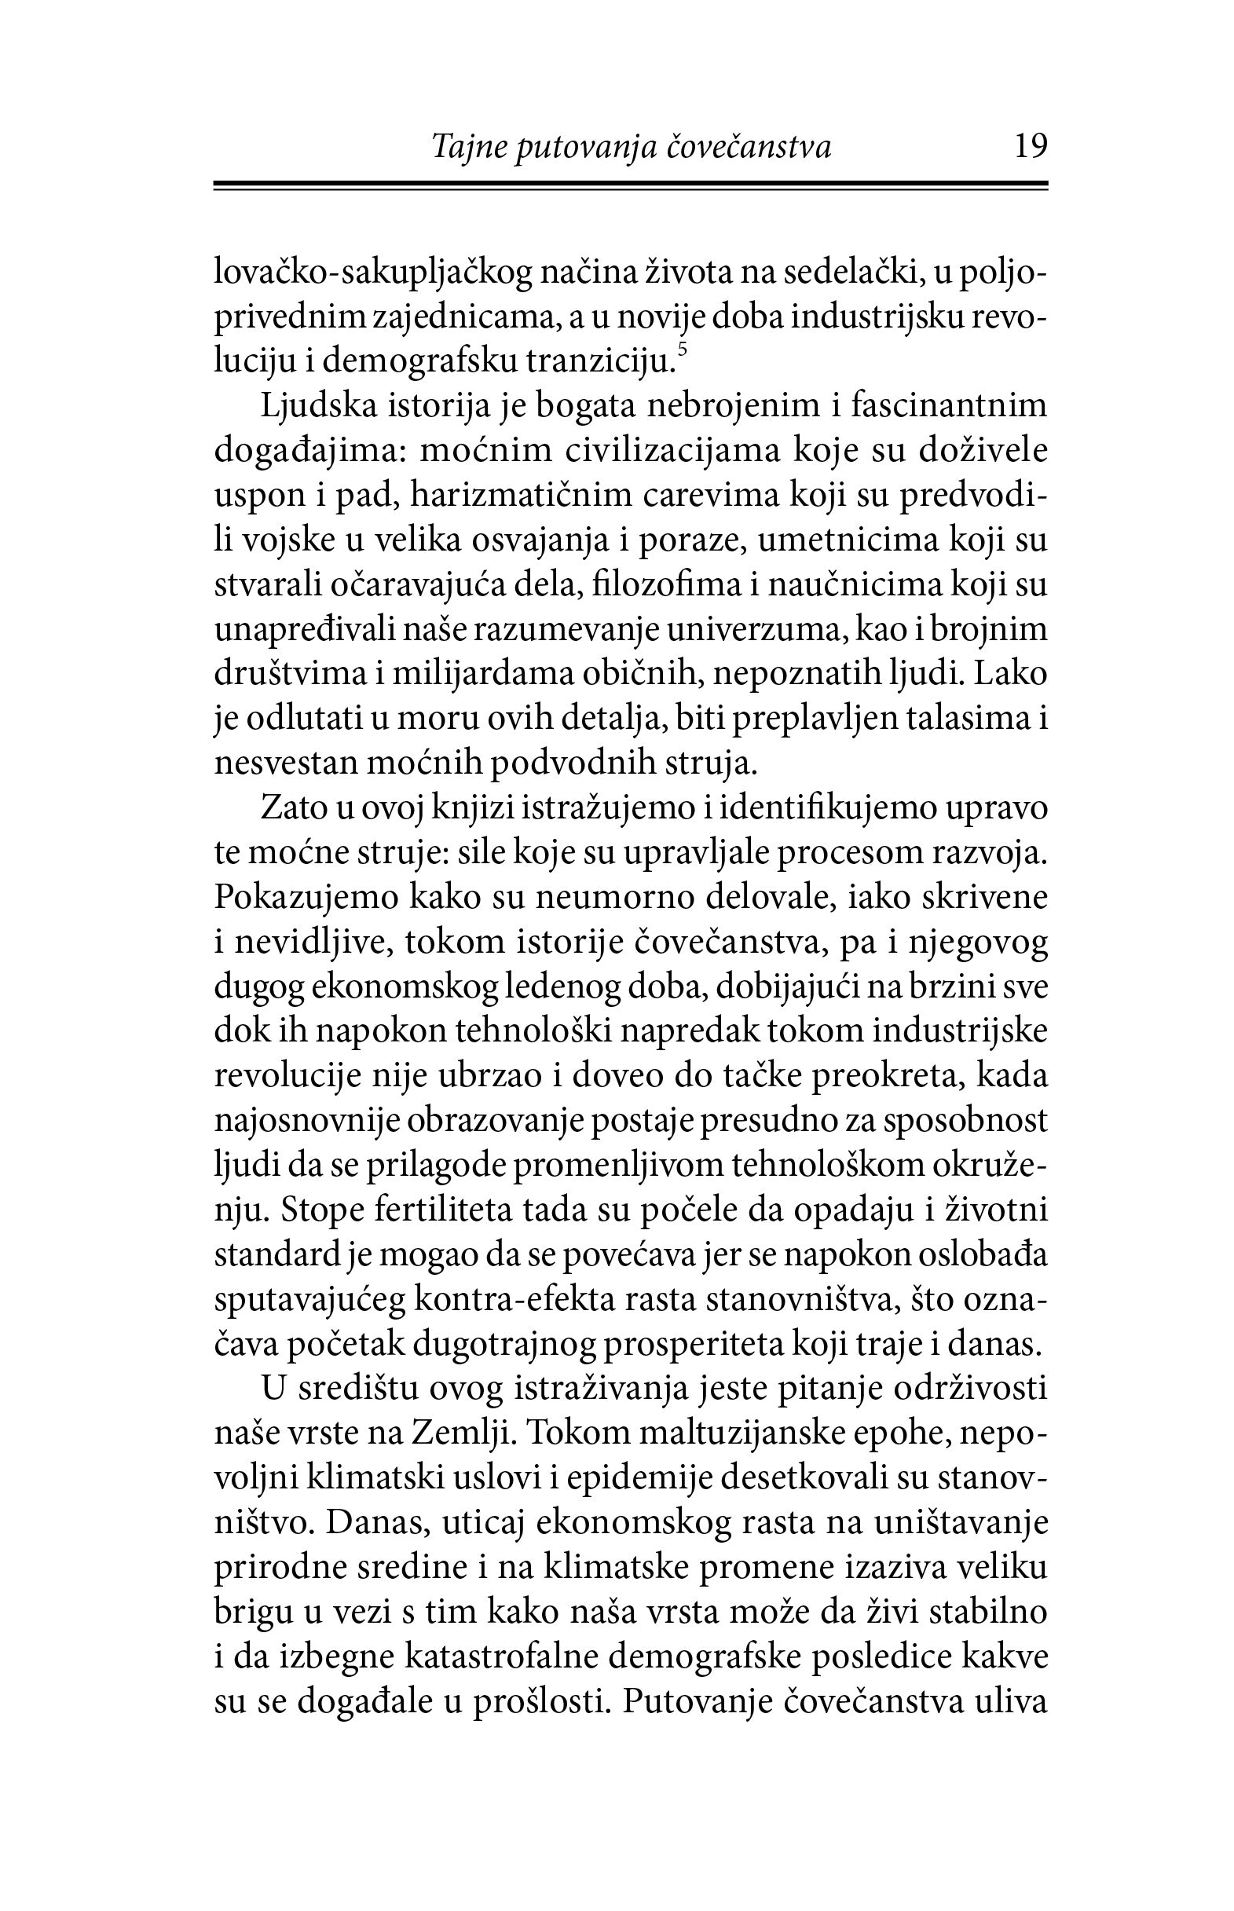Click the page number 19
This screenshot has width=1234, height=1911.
[x=1031, y=147]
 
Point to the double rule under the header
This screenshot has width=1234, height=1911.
[x=631, y=187]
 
